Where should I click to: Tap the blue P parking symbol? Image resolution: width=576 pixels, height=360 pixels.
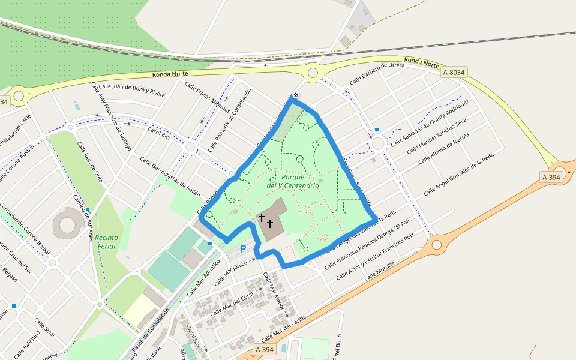243,248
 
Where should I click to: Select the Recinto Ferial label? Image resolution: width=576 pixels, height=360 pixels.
106,242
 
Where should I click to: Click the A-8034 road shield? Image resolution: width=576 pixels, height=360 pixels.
453,73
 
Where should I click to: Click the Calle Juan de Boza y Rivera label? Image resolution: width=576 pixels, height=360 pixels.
131,90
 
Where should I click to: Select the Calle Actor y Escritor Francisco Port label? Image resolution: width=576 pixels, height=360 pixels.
374,257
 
